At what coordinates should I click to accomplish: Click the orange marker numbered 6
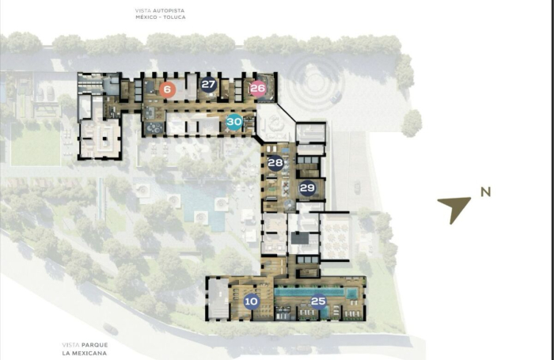[166, 89]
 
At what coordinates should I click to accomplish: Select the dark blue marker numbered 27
[208, 85]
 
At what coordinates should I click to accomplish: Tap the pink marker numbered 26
[257, 89]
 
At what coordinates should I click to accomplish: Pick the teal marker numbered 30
[233, 122]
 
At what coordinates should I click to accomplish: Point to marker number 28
[275, 164]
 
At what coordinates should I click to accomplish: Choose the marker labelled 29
[308, 188]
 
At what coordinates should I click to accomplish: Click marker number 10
[251, 301]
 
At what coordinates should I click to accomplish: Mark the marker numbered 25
[318, 301]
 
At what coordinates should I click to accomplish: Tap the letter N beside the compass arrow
[485, 191]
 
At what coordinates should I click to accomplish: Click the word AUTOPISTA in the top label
[166, 9]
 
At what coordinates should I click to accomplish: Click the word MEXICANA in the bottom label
[94, 352]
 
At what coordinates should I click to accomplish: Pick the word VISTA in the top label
[143, 9]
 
